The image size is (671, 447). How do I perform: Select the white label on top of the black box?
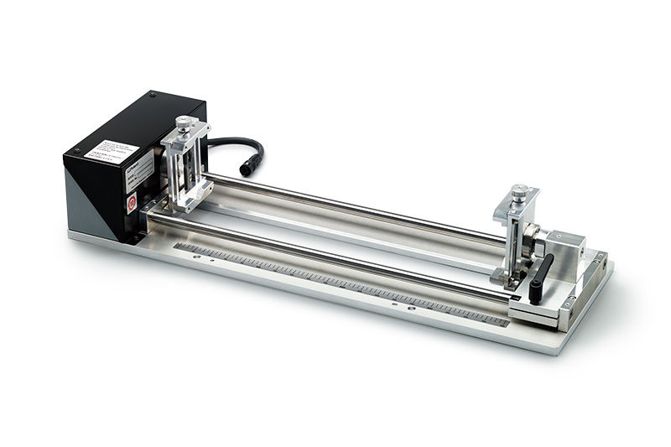pos(114,150)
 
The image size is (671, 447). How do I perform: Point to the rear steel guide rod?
pos(352,205)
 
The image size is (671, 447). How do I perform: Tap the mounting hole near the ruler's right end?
pos(410,309)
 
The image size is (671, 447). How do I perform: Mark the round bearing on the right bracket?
pos(530,248)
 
